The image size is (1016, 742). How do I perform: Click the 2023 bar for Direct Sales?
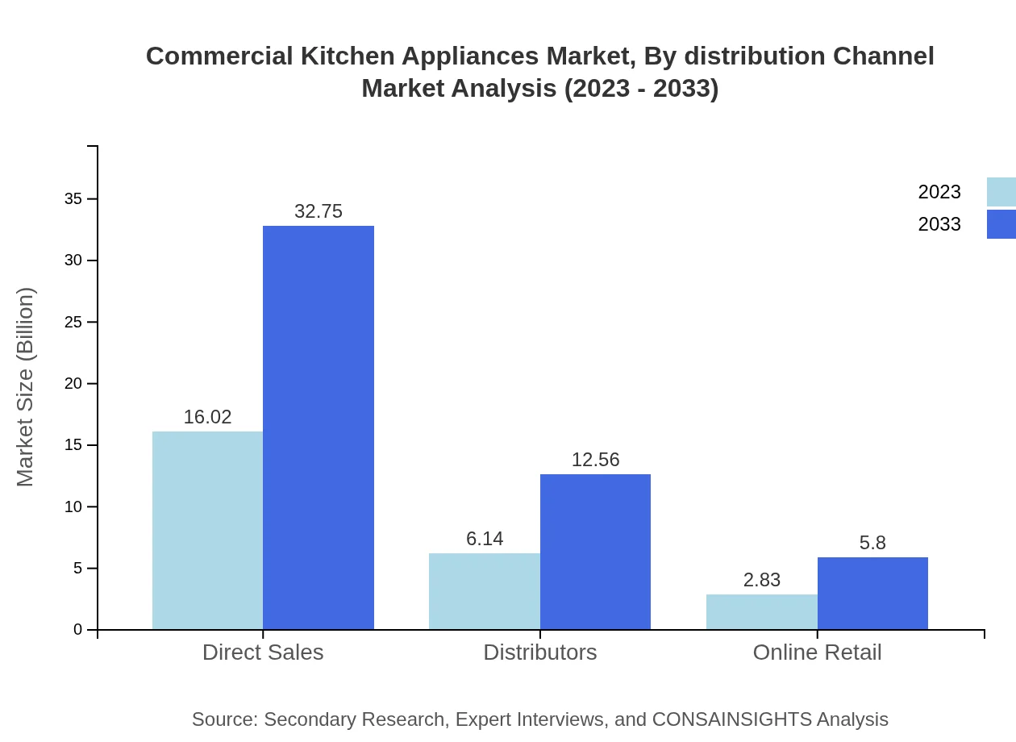207,530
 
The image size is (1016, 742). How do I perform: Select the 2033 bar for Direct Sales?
319,427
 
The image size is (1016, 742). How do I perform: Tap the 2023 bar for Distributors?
484,591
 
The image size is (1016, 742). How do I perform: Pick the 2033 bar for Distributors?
595,552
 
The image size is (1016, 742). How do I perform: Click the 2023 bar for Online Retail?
761,611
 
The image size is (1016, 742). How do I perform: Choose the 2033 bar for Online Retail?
872,593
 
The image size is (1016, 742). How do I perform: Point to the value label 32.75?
319,211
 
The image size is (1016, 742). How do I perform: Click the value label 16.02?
207,417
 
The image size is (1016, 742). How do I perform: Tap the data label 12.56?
595,460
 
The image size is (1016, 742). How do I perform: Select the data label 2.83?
761,580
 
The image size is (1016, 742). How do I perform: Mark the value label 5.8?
872,543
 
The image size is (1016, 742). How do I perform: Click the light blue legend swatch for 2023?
1001,192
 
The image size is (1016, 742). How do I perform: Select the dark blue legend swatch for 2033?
1001,224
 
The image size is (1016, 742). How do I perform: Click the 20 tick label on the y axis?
73,383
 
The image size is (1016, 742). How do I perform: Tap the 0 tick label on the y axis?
77,629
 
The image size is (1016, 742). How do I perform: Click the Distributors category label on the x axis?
539,652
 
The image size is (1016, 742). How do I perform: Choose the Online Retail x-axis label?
817,652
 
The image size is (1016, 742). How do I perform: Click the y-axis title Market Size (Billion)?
26,387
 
